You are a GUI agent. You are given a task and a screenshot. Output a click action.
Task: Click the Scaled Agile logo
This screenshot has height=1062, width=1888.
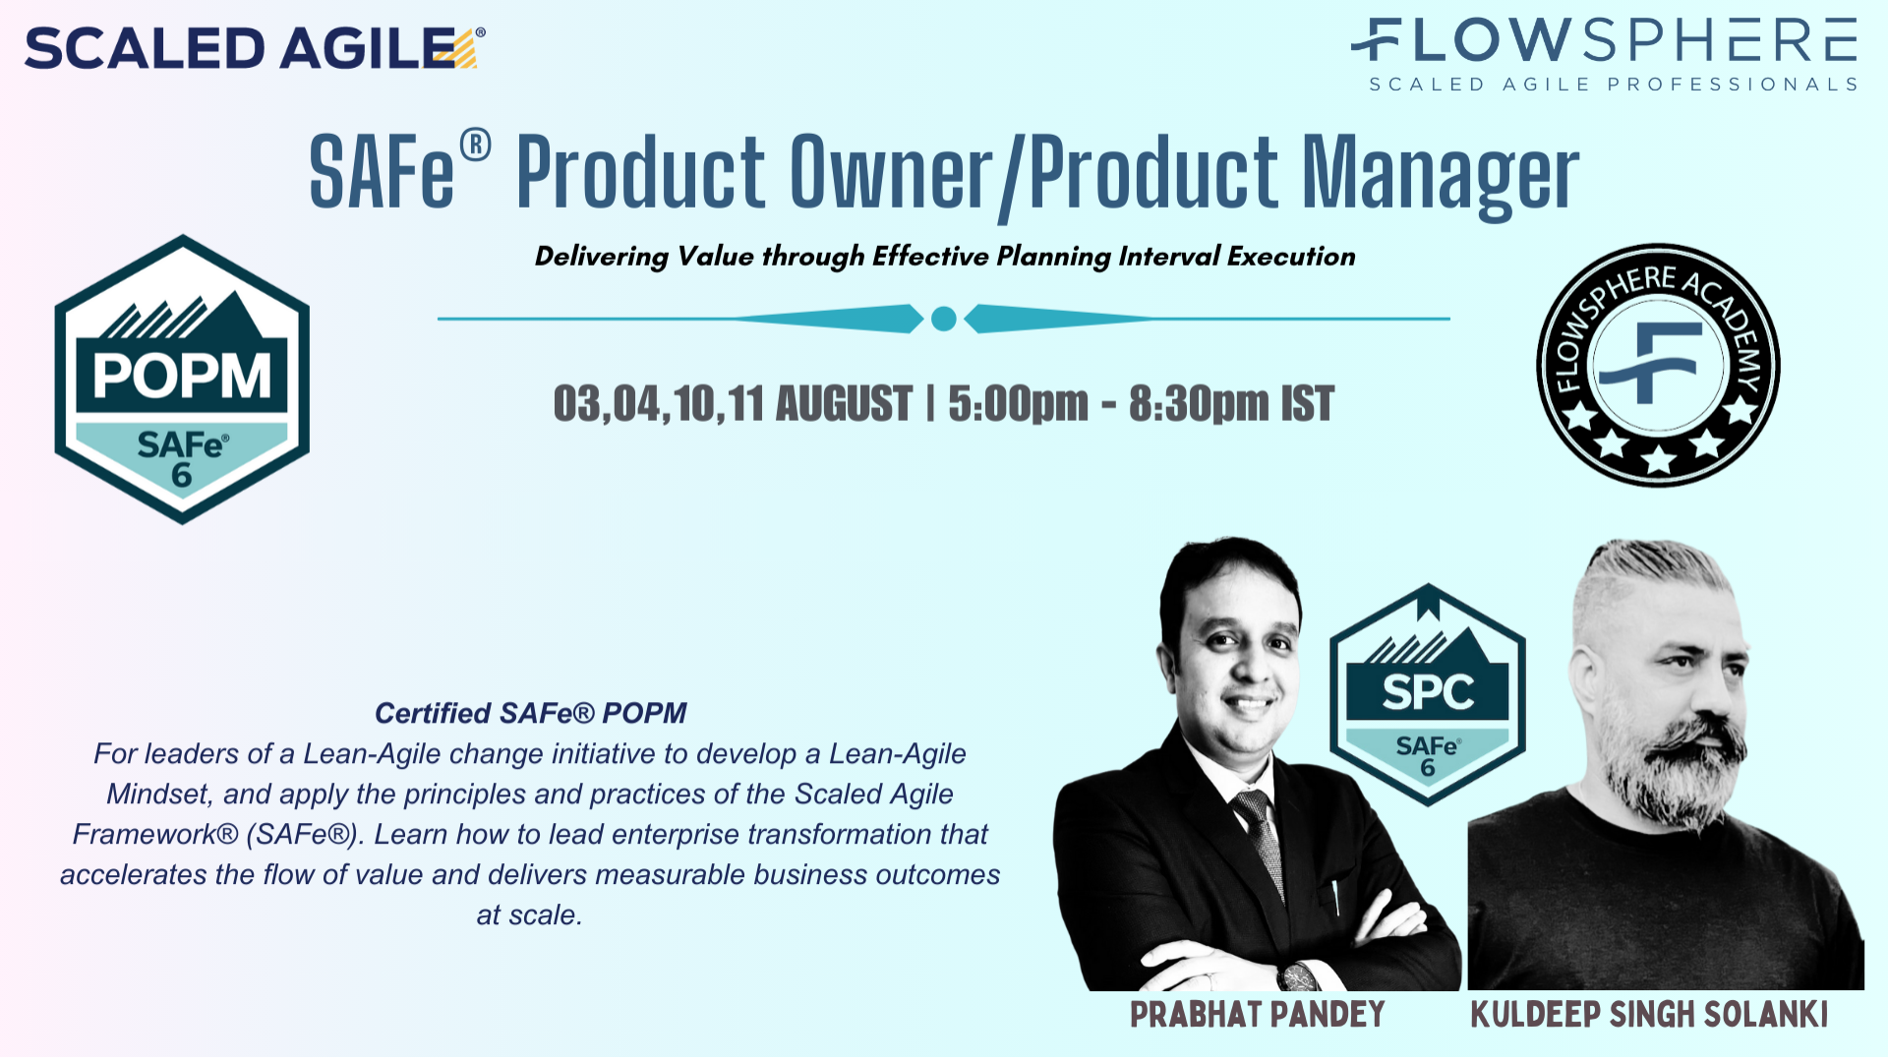pyautogui.click(x=254, y=47)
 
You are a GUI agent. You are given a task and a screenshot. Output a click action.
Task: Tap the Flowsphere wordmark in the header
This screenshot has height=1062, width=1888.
pyautogui.click(x=1605, y=41)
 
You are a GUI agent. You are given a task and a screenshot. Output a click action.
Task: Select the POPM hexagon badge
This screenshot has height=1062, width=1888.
pyautogui.click(x=182, y=379)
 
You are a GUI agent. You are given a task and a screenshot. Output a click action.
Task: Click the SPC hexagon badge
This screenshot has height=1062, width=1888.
pyautogui.click(x=1428, y=695)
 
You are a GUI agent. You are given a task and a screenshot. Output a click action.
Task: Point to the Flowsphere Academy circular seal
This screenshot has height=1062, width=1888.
pyautogui.click(x=1658, y=365)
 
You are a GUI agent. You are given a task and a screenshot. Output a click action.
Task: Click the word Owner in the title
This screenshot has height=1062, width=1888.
pyautogui.click(x=891, y=174)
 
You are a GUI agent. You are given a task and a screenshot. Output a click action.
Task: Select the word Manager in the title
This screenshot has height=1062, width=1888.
pyautogui.click(x=1441, y=174)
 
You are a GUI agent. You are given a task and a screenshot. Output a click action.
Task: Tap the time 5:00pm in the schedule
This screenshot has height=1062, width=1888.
pyautogui.click(x=1018, y=404)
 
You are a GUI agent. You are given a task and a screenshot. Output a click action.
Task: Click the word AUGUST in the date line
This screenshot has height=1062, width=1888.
pyautogui.click(x=844, y=404)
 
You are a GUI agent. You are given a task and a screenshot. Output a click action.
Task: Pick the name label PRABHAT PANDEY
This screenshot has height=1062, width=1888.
pyautogui.click(x=1257, y=1015)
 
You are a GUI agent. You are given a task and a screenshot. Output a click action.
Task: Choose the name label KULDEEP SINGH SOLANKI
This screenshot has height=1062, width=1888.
pyautogui.click(x=1649, y=1015)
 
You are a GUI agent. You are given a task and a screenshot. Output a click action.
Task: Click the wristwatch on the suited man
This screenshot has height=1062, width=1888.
pyautogui.click(x=1298, y=977)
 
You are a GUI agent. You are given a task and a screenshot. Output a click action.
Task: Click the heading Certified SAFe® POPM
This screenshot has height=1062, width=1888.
pyautogui.click(x=530, y=713)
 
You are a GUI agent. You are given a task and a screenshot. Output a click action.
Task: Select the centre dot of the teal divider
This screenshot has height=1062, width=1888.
pyautogui.click(x=943, y=319)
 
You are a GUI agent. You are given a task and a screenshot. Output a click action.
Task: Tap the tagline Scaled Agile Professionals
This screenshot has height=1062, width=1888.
pyautogui.click(x=1613, y=85)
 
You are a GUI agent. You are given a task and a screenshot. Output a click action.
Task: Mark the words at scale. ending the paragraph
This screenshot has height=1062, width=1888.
pyautogui.click(x=529, y=914)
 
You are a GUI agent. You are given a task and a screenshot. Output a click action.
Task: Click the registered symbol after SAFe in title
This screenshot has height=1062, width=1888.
pyautogui.click(x=475, y=146)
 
